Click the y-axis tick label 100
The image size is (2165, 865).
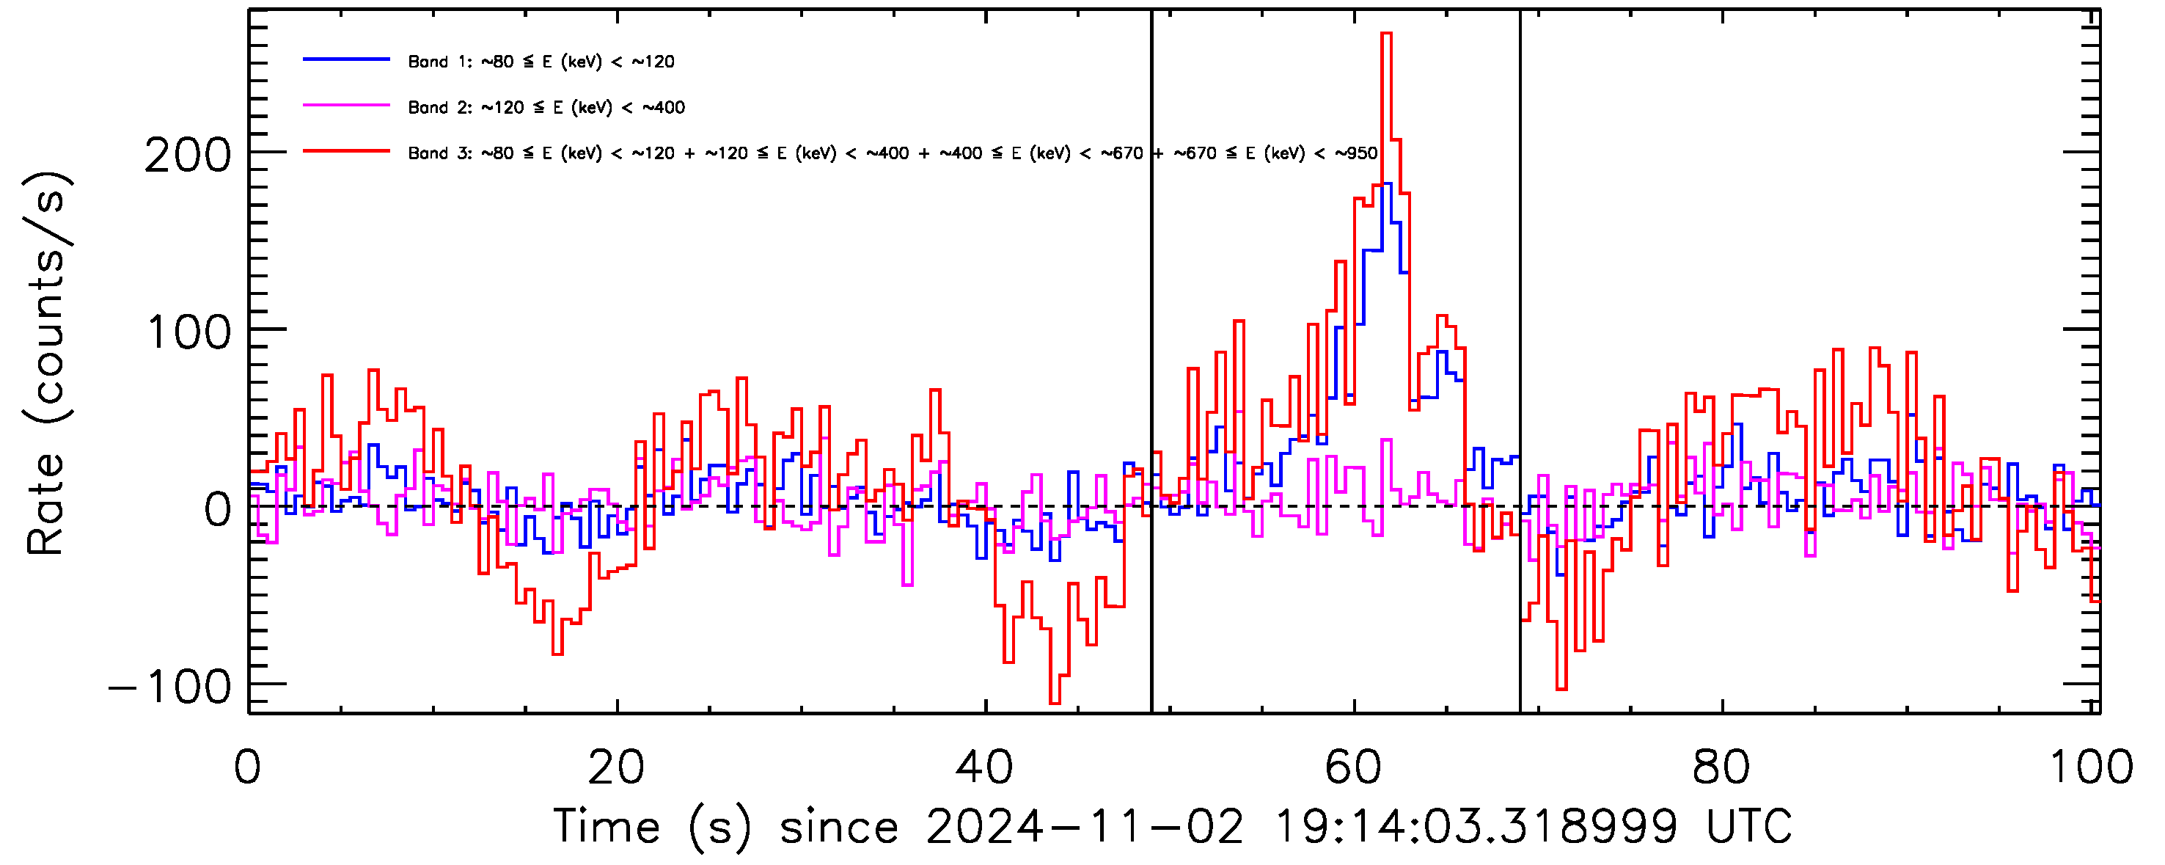click(188, 334)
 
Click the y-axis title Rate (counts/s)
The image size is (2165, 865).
click(46, 363)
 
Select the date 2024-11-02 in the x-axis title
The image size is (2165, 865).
click(1084, 827)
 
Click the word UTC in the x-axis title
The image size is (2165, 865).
click(1748, 827)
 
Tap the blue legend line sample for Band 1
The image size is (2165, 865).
click(346, 59)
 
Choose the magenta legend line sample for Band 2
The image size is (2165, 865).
click(346, 106)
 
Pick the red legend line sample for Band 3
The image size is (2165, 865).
click(346, 151)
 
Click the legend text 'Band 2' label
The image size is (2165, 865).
click(439, 108)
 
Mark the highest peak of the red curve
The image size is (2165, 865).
click(1386, 34)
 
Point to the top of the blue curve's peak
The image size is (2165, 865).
click(1386, 184)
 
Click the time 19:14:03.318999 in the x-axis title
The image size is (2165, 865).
click(1476, 827)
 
